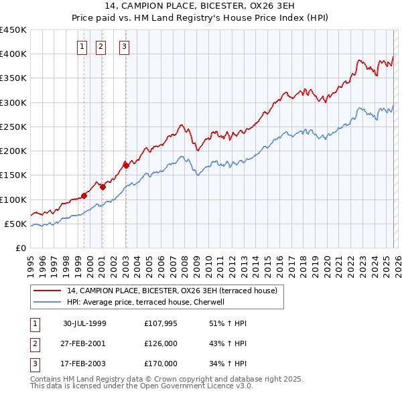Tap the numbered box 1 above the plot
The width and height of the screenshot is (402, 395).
coord(82,46)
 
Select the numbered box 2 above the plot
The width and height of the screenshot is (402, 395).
coord(100,46)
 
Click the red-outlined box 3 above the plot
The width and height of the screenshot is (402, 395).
coord(125,46)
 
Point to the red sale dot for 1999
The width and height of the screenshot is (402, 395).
coord(84,195)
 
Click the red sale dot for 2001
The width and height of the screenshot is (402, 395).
coord(103,187)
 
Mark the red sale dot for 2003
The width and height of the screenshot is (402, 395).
coord(126,165)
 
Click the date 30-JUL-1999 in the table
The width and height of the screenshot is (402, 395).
coord(84,323)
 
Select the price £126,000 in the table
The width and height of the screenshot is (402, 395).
coord(161,343)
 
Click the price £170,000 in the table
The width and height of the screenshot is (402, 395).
coord(161,364)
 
